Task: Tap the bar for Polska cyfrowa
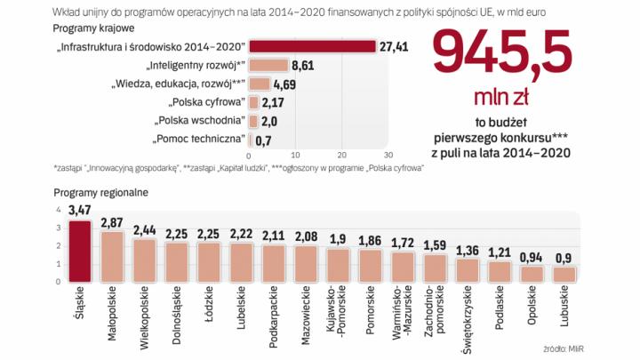click(254, 103)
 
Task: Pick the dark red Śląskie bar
click(80, 252)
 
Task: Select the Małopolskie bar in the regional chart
click(112, 258)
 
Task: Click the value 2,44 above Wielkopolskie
click(144, 229)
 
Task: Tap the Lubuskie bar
click(564, 275)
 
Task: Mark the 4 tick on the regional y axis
click(59, 210)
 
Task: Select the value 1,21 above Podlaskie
click(500, 252)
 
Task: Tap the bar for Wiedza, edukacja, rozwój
click(260, 84)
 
